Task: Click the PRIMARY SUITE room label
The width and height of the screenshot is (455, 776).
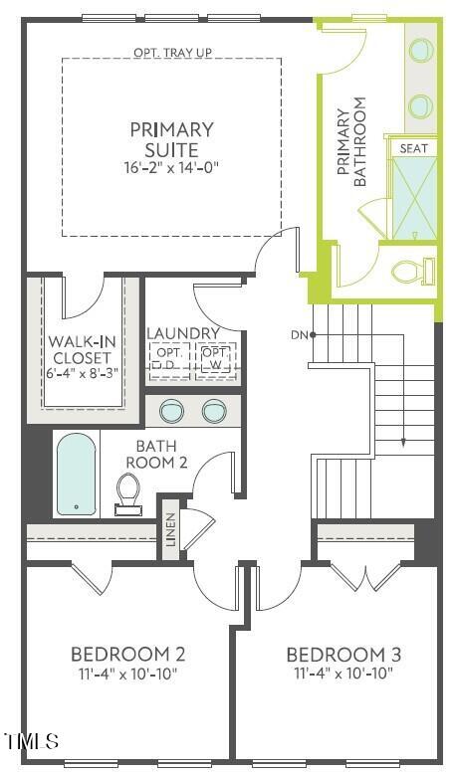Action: (x=171, y=139)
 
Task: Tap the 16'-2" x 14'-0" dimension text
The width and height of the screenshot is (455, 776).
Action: (x=171, y=168)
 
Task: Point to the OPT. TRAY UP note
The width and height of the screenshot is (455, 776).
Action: (x=170, y=53)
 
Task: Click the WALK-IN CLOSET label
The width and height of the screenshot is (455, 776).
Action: (x=83, y=351)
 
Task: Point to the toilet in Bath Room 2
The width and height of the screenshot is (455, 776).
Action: (x=127, y=490)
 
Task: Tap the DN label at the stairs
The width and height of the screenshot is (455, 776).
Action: (x=299, y=334)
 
